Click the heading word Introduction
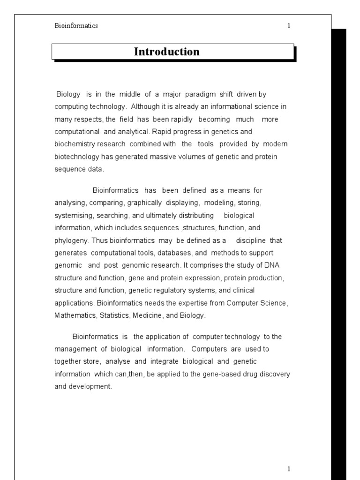point(166,52)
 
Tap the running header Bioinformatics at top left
point(76,26)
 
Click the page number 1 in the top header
point(289,26)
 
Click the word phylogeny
point(70,240)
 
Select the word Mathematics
point(75,315)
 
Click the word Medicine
point(149,315)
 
